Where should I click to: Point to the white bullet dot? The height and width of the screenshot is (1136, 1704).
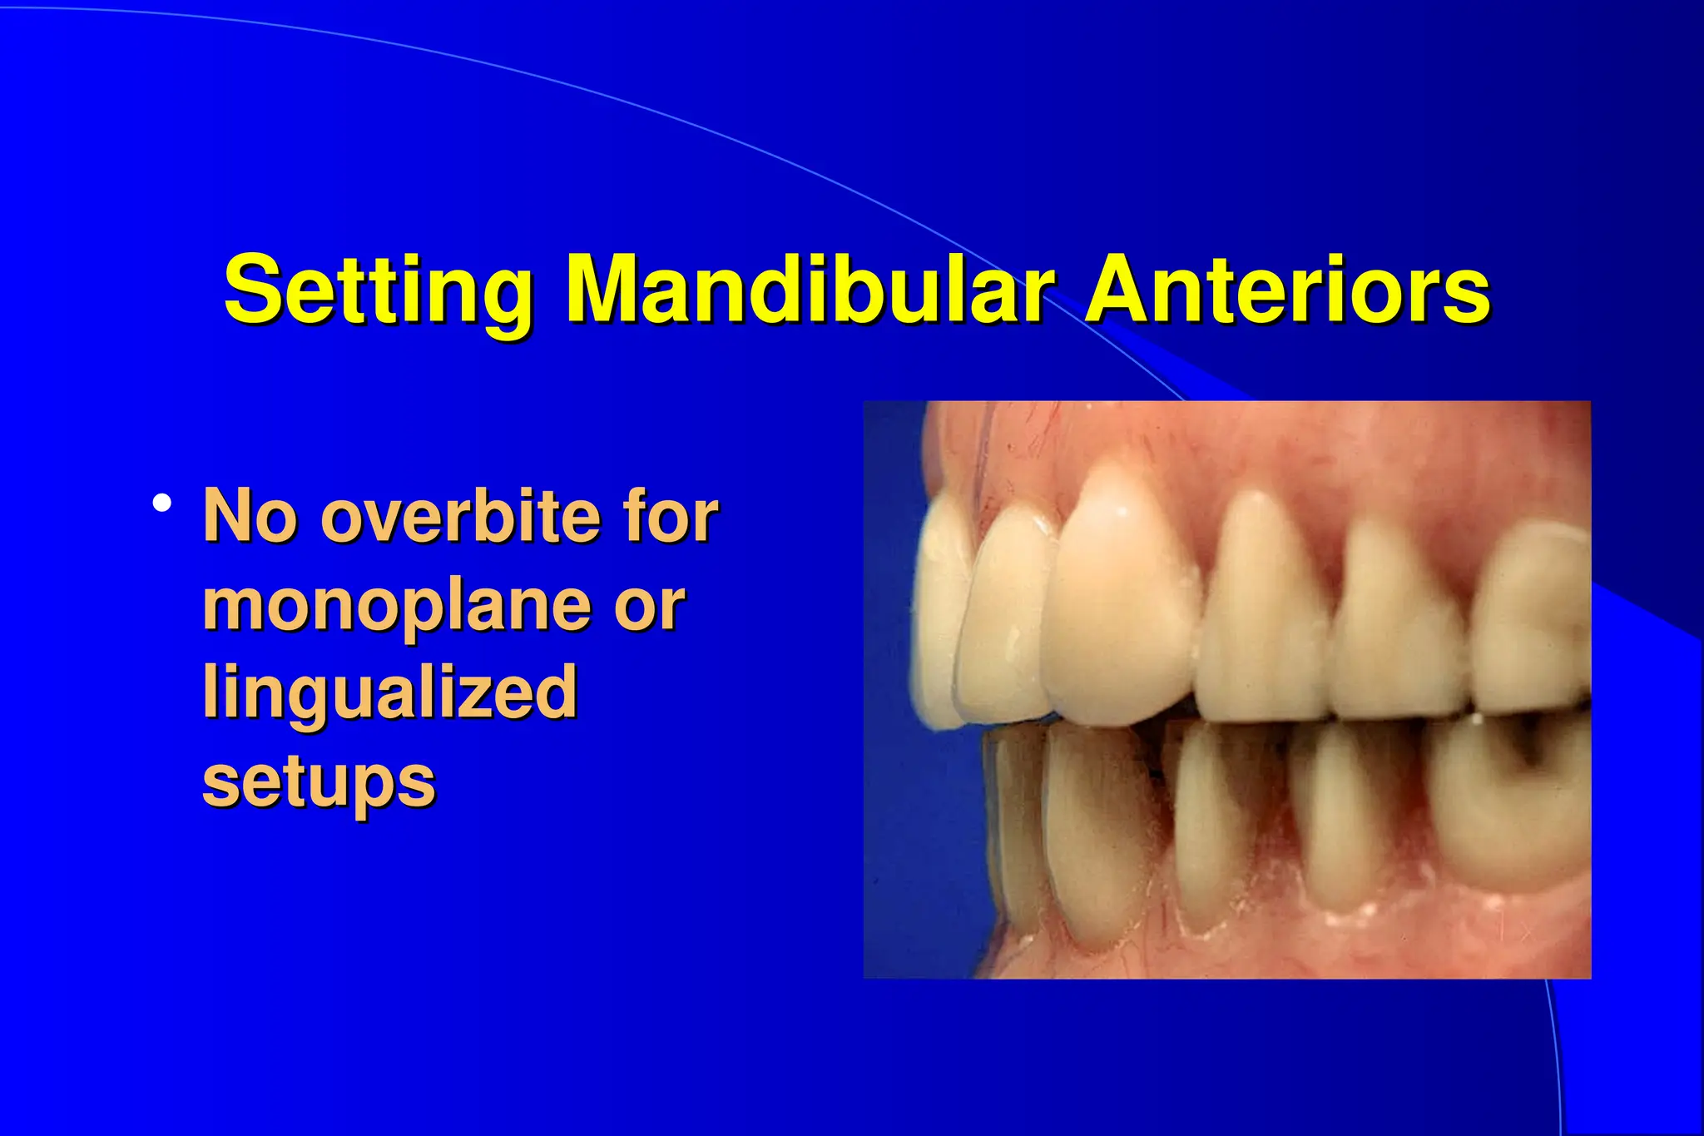pyautogui.click(x=162, y=503)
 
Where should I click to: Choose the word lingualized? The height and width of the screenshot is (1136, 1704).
pyautogui.click(x=389, y=692)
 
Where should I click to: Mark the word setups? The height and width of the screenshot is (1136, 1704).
pyautogui.click(x=319, y=782)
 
